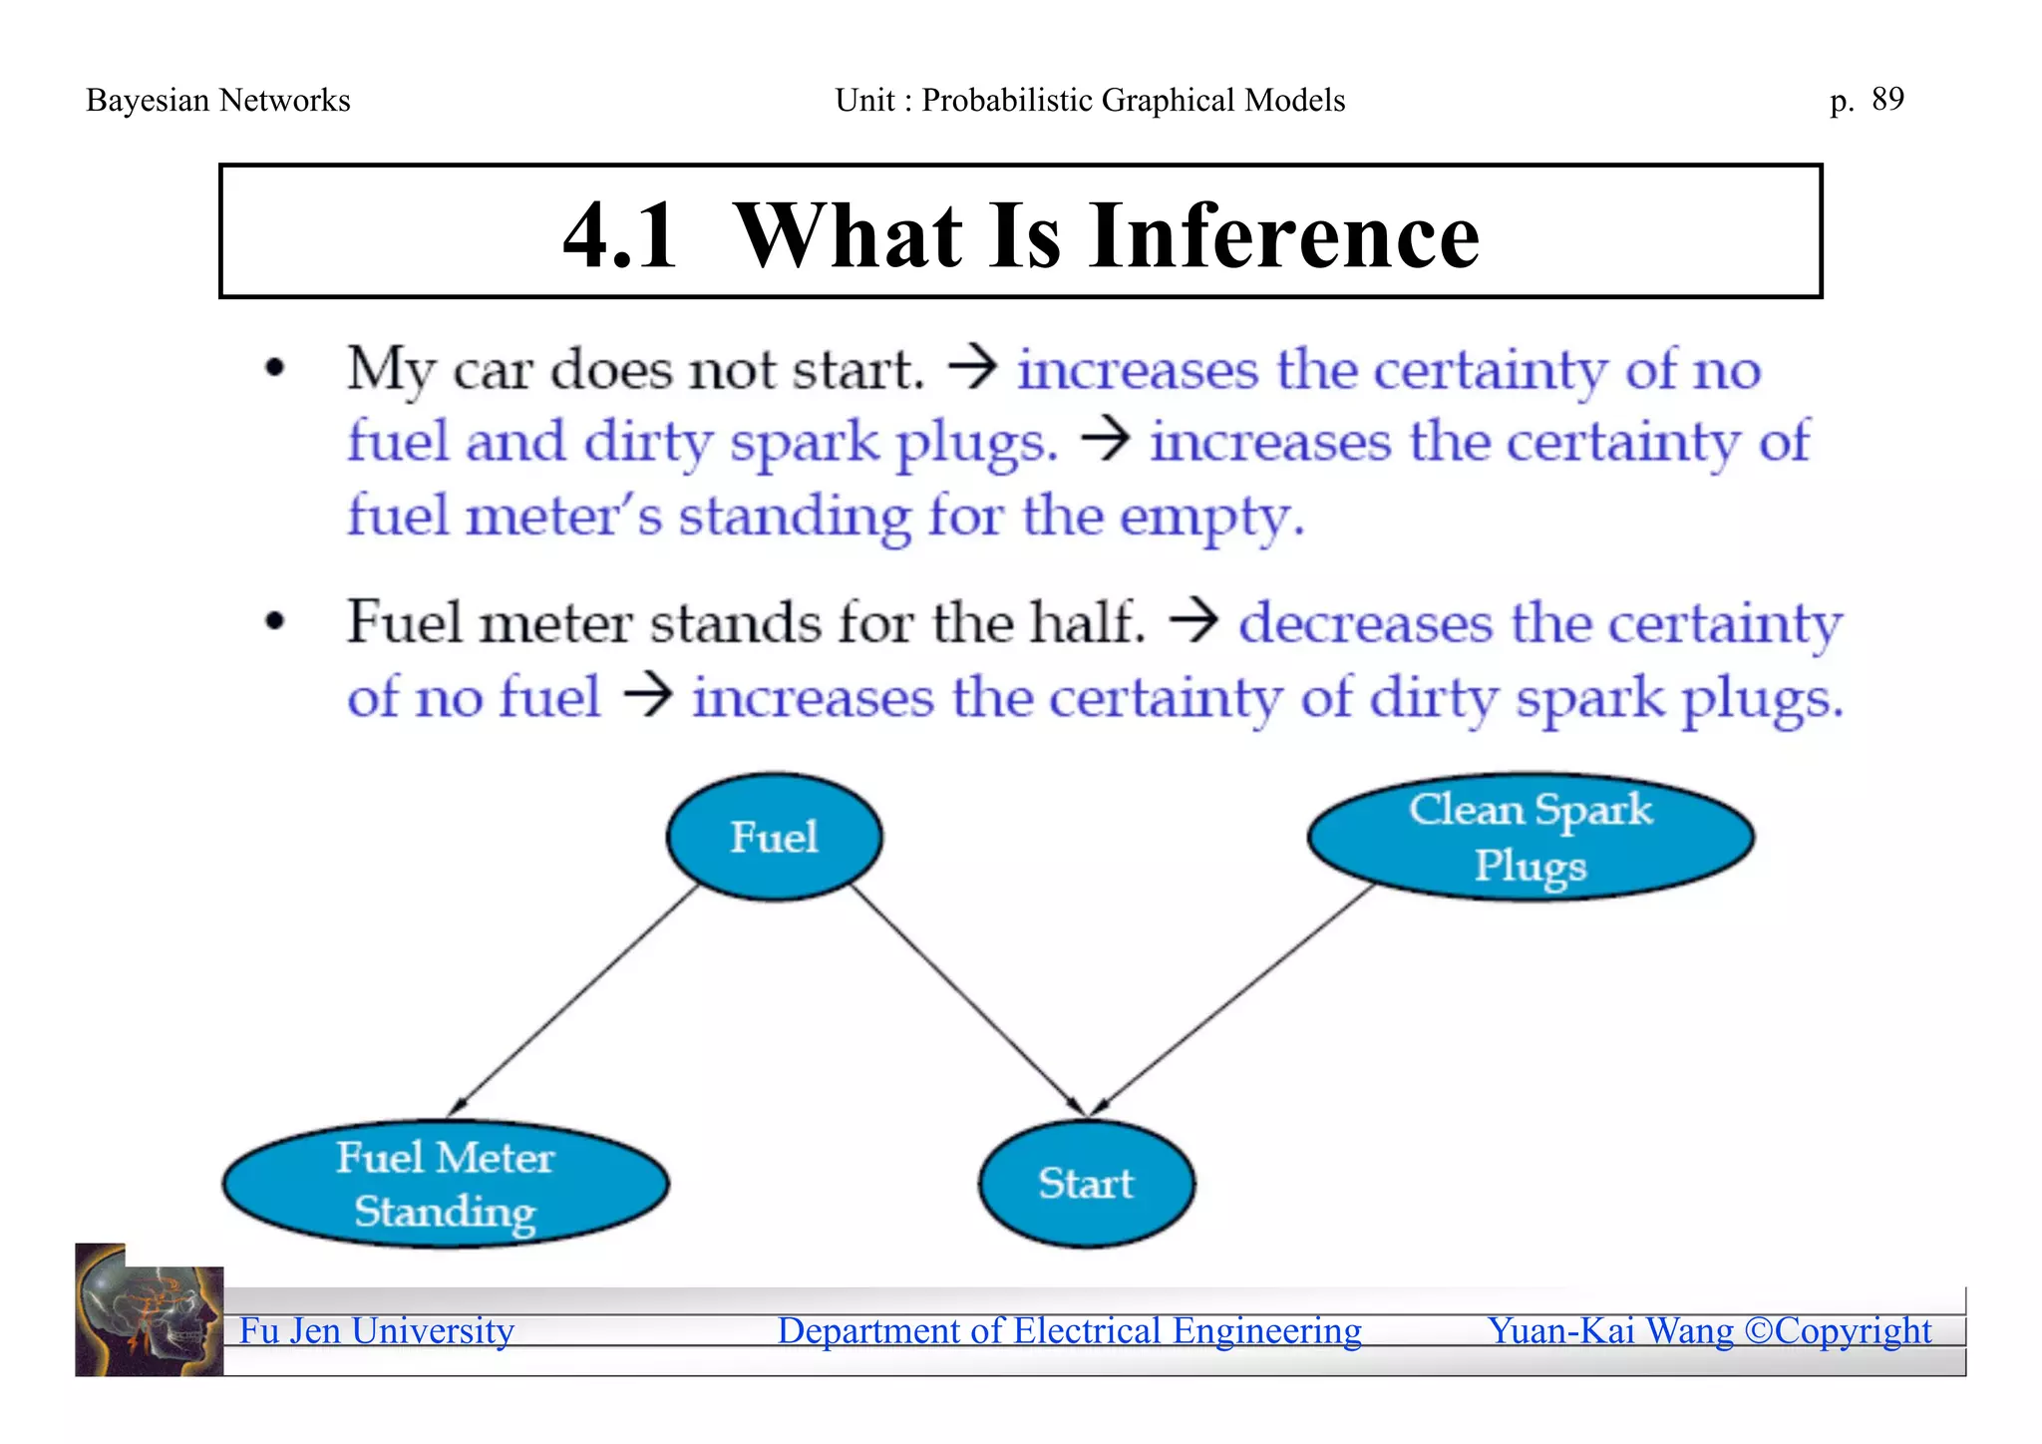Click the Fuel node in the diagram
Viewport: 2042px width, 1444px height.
[x=774, y=837]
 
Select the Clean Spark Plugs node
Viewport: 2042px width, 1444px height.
[x=1531, y=837]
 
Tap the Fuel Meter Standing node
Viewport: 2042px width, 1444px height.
[x=446, y=1184]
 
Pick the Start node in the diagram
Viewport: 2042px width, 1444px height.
[x=1086, y=1184]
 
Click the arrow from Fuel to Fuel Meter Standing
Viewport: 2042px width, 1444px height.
[x=573, y=1000]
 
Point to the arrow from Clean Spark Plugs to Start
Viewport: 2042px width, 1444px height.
[x=1234, y=1000]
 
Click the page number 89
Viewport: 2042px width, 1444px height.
[x=1887, y=99]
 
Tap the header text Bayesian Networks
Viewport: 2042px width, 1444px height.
[x=218, y=101]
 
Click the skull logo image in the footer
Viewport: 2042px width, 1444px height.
[x=150, y=1310]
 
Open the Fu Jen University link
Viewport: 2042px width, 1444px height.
[x=377, y=1331]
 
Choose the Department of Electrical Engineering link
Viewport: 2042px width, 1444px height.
[x=1069, y=1331]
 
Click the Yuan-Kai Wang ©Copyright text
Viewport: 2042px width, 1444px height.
[x=1709, y=1331]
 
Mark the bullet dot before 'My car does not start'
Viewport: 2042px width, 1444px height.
[x=275, y=369]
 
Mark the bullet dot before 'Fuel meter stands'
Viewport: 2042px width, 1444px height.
[x=275, y=622]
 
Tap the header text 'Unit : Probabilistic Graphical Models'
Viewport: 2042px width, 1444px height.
[x=1090, y=101]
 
